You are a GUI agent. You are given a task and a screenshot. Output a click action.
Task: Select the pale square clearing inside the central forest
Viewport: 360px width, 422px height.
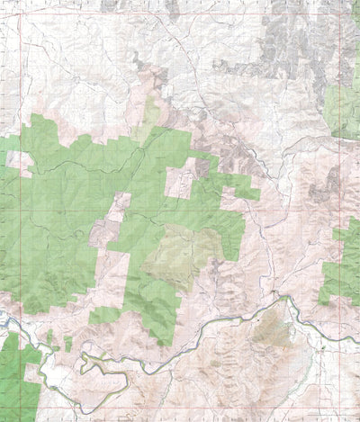[179, 184]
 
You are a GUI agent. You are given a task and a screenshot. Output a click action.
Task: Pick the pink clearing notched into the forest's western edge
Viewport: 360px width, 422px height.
[18, 163]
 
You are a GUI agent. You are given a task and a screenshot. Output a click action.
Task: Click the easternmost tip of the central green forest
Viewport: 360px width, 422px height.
[258, 193]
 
